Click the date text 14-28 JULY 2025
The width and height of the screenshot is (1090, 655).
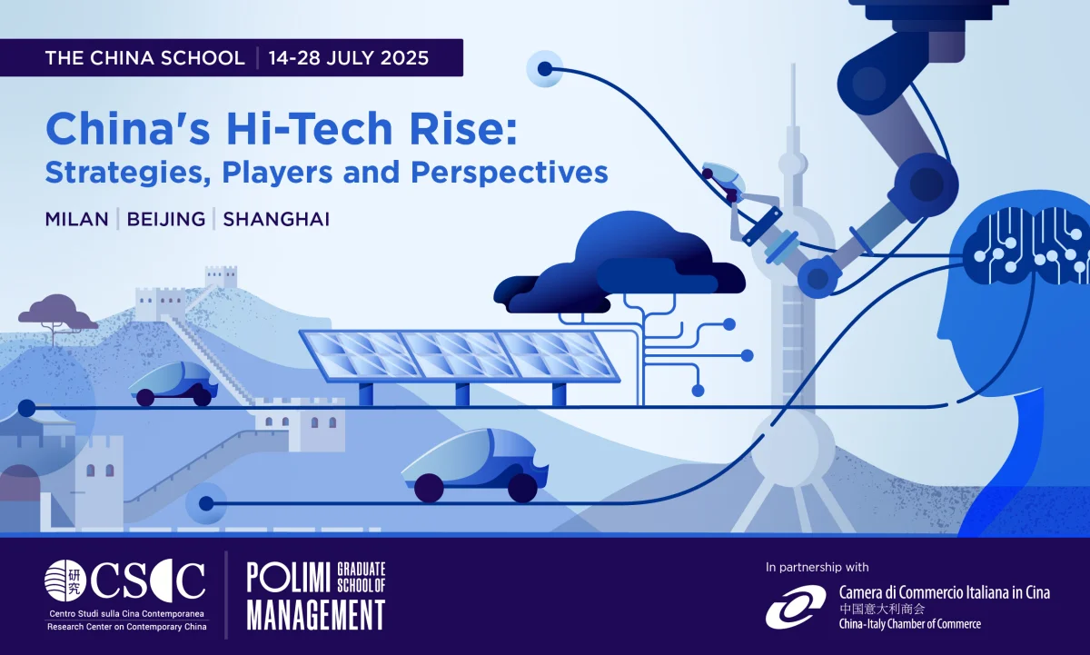pyautogui.click(x=349, y=58)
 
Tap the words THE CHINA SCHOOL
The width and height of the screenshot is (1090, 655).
pyautogui.click(x=145, y=58)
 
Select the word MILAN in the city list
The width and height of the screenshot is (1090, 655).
pyautogui.click(x=77, y=220)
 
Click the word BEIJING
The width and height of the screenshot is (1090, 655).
pyautogui.click(x=166, y=220)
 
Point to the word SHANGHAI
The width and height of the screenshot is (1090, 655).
pyautogui.click(x=276, y=220)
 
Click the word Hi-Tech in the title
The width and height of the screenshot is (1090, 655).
pyautogui.click(x=310, y=129)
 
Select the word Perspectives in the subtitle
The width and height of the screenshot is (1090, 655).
pyautogui.click(x=510, y=173)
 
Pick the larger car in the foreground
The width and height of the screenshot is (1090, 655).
pyautogui.click(x=475, y=465)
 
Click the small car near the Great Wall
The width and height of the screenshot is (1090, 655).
pyautogui.click(x=173, y=384)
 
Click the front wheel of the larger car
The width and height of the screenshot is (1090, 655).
pyautogui.click(x=429, y=488)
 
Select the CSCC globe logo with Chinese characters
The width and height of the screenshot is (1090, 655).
pyautogui.click(x=65, y=581)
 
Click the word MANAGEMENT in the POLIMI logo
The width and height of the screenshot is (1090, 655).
pyautogui.click(x=316, y=615)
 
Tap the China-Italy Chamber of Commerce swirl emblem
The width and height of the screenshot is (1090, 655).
pyautogui.click(x=796, y=607)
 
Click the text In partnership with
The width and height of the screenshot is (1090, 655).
pyautogui.click(x=817, y=568)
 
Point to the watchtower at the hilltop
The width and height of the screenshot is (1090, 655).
pyautogui.click(x=221, y=276)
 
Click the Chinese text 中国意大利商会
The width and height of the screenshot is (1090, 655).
pyautogui.click(x=882, y=609)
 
